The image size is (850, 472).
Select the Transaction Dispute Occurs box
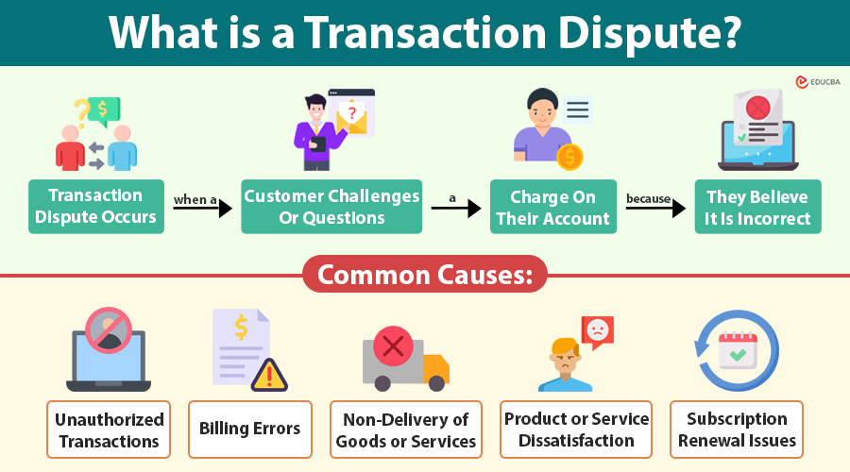94,207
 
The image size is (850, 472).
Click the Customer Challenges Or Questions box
331,207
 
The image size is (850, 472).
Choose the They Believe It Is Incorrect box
758,207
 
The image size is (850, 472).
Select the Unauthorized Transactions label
109,430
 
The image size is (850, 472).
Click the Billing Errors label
250,430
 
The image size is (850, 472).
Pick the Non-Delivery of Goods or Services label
406,430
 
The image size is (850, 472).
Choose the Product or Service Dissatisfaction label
576,430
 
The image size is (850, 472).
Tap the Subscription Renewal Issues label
737,430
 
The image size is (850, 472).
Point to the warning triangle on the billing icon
270,375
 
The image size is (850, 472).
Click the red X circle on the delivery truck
392,346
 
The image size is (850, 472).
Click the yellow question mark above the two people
83,112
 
